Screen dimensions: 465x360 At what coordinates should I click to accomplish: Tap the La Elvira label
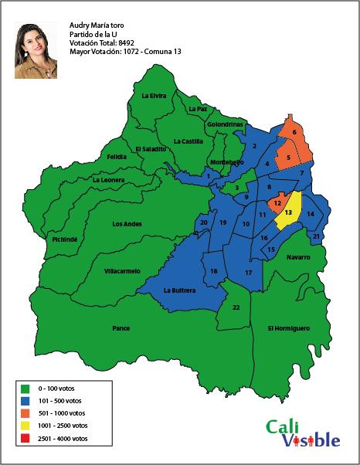(154, 96)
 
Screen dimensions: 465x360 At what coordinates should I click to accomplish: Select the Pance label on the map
(121, 328)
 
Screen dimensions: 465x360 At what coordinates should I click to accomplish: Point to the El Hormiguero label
(288, 328)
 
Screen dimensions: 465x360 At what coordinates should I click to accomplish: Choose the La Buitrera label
(179, 291)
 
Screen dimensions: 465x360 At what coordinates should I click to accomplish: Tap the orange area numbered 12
(277, 202)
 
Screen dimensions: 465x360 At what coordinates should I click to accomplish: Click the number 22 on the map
(236, 308)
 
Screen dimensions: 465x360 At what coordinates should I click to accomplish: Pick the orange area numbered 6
(294, 133)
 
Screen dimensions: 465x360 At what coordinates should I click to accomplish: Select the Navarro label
(297, 257)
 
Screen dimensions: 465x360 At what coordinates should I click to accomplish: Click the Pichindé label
(64, 239)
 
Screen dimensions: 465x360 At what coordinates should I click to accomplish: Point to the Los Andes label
(127, 224)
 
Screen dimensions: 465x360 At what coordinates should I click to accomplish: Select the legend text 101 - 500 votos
(64, 400)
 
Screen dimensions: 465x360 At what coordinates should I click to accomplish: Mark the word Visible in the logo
(310, 440)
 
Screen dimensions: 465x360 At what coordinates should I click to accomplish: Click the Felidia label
(116, 157)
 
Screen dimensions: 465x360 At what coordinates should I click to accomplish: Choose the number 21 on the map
(317, 236)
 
